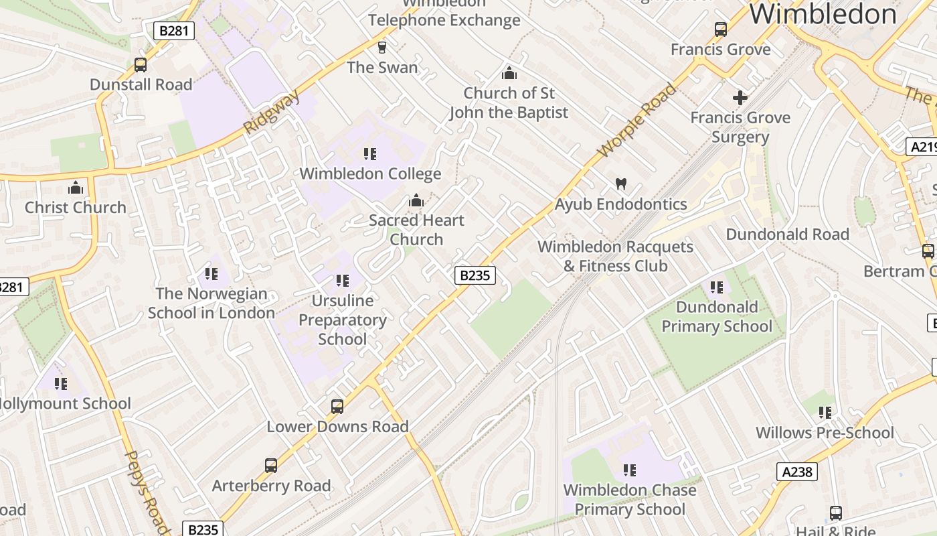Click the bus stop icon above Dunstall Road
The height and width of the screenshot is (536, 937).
pos(141,65)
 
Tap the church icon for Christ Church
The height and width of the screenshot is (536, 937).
pos(76,188)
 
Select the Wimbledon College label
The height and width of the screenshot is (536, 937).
pos(370,174)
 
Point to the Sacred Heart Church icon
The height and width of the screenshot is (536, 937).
pos(416,200)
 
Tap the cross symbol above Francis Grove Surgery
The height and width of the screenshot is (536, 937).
pos(740,98)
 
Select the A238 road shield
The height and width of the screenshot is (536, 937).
pos(797,472)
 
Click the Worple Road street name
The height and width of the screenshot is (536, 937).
pos(637,121)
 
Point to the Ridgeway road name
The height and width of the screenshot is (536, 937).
pos(272,113)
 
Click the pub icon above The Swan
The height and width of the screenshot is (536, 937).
pos(382,48)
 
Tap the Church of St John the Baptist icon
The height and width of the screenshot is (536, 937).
pos(509,73)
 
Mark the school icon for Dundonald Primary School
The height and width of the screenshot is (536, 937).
pos(717,287)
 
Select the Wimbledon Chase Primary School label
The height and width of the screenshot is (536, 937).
pos(629,500)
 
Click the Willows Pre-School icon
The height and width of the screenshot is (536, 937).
pos(825,413)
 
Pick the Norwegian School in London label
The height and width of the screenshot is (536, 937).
pos(211,303)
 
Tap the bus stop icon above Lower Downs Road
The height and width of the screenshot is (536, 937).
pos(337,406)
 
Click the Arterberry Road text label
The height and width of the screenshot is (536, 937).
pos(271,486)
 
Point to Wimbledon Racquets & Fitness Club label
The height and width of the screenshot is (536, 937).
pos(615,256)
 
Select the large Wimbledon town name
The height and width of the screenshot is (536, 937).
pos(823,14)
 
